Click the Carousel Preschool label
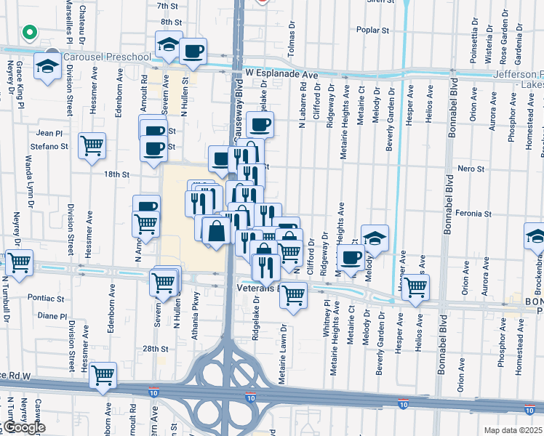[106, 56]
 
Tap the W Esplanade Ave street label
[282, 74]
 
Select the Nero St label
[471, 168]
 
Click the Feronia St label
[474, 214]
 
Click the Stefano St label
[54, 146]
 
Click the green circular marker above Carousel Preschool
[30, 33]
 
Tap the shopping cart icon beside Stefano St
[92, 145]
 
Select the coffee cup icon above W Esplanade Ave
[193, 51]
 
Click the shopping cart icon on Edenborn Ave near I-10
[103, 375]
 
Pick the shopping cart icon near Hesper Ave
[415, 286]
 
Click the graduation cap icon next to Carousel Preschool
[48, 68]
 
